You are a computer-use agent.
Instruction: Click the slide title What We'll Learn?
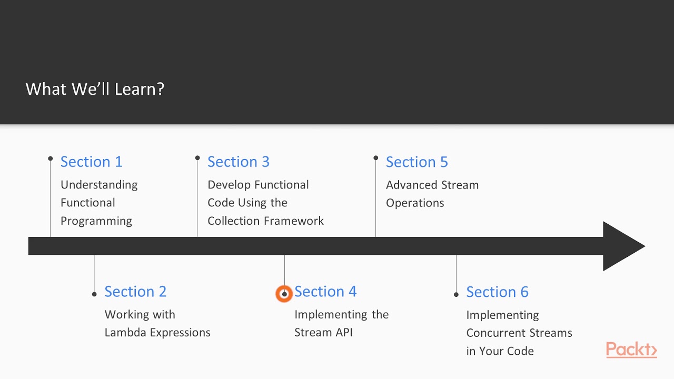point(95,89)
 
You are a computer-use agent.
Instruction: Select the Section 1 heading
point(91,162)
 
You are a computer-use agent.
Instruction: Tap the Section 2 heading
point(135,292)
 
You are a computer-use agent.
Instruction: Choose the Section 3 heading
point(238,162)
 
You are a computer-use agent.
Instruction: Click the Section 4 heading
point(325,292)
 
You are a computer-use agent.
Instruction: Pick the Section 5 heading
point(417,162)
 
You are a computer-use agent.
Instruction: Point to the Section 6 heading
point(497,292)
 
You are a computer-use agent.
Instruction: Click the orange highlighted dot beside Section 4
point(284,294)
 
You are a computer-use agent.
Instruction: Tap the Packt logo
point(631,350)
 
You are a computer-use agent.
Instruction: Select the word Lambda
point(123,333)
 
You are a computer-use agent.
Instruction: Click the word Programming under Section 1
point(96,221)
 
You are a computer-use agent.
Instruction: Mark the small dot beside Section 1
point(51,158)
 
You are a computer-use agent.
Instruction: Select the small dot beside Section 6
point(456,294)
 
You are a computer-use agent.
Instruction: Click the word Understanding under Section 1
point(99,185)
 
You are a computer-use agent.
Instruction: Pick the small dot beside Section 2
point(94,294)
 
